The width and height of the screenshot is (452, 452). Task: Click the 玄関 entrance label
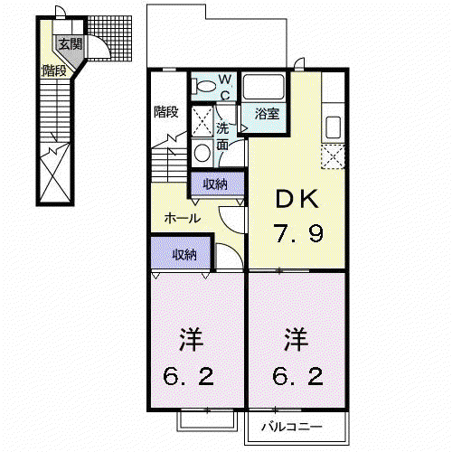tap(71, 44)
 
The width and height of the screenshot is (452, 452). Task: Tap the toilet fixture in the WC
tap(204, 86)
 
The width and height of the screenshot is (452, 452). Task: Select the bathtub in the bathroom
tap(264, 87)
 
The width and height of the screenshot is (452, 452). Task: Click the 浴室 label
tap(267, 114)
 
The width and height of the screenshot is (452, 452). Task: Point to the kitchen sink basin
tap(334, 127)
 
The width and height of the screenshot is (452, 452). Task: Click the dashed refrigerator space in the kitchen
tap(333, 156)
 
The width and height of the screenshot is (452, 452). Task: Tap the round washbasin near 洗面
tap(202, 153)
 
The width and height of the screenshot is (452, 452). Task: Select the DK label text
tap(297, 199)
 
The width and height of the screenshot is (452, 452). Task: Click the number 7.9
tap(298, 233)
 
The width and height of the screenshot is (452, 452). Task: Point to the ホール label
tap(183, 218)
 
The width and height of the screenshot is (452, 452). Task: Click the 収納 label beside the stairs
tap(215, 184)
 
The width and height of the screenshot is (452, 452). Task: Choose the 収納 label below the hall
tap(184, 255)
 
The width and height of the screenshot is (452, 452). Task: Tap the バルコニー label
tap(292, 427)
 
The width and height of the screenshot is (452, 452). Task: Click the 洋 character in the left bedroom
tap(192, 339)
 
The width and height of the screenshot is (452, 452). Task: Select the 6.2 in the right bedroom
tap(297, 376)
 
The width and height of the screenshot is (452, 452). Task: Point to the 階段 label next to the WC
tap(166, 112)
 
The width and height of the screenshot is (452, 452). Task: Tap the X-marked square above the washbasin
tap(202, 121)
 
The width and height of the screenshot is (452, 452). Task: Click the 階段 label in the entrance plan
tap(54, 71)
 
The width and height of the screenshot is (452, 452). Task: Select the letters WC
tap(225, 88)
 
